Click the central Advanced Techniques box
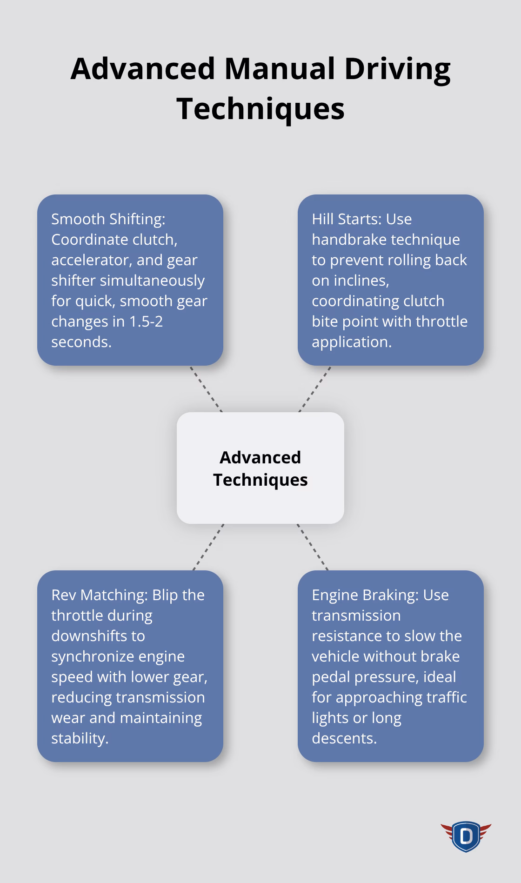260,468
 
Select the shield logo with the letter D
466,836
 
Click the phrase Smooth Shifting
108,219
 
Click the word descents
344,738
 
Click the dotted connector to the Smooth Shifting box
206,389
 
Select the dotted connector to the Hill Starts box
315,389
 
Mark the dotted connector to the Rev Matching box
208,547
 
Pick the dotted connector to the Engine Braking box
313,547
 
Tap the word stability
80,738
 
